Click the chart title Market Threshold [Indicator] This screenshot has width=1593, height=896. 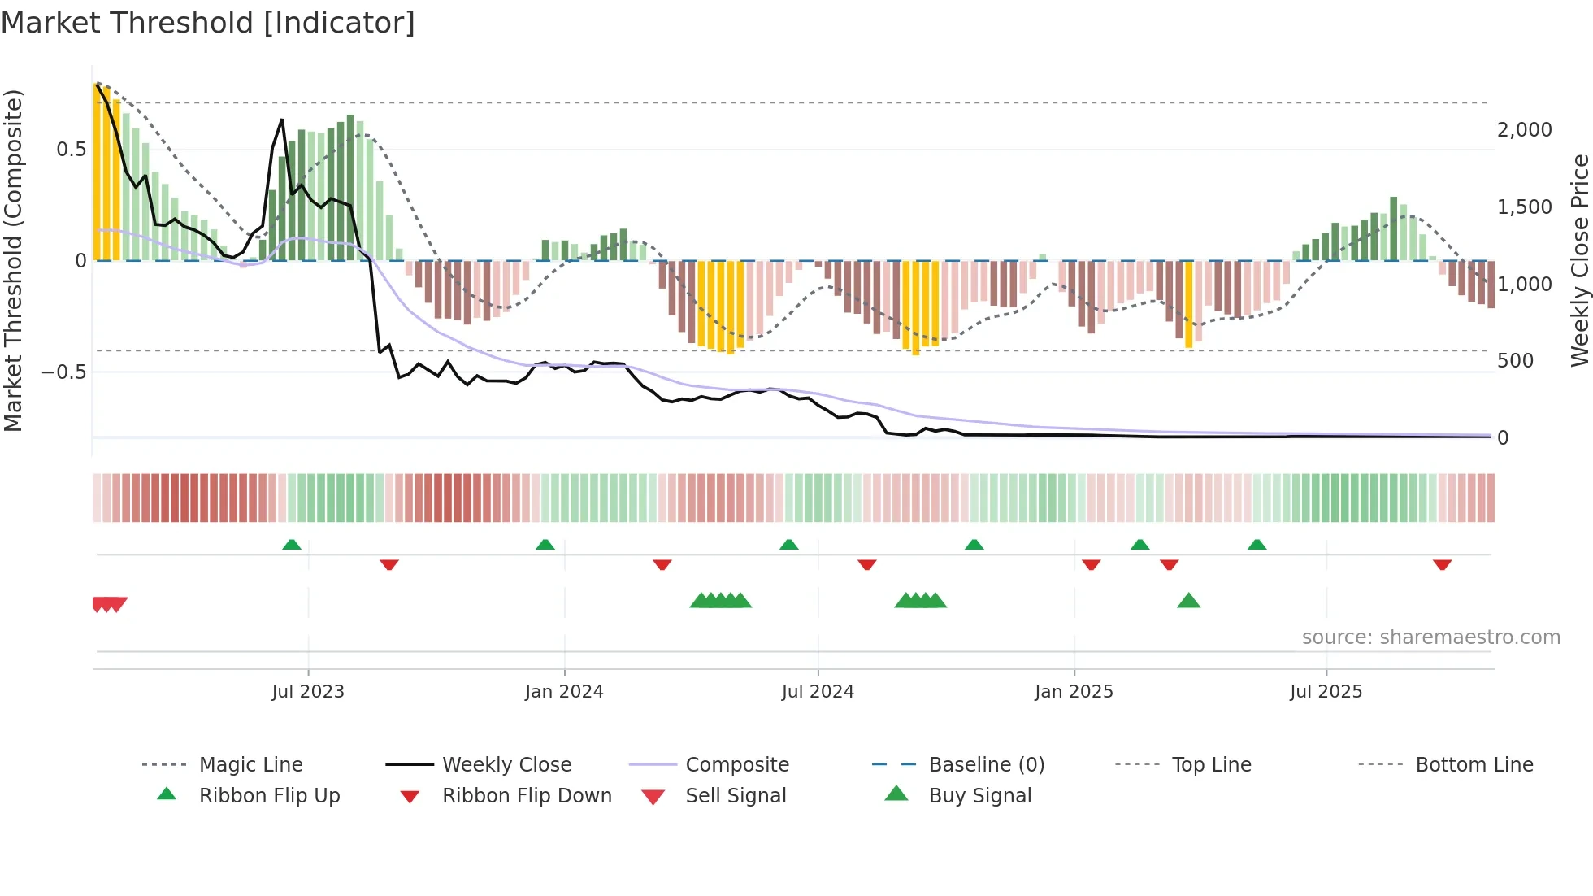(208, 23)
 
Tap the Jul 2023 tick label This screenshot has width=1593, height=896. (308, 692)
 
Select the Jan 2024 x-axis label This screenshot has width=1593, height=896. (564, 692)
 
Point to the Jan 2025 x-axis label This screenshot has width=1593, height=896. (1074, 692)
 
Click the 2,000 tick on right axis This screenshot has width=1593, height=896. (1524, 130)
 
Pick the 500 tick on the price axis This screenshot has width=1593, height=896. (1515, 361)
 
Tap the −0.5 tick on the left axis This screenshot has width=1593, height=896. (63, 372)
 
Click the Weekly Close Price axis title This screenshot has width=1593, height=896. (1579, 260)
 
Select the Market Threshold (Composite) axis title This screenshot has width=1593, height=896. (13, 260)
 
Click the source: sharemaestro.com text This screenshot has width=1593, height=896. (1430, 637)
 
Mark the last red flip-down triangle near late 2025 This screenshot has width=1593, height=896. (1442, 564)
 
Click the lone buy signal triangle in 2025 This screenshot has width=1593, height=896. (1188, 601)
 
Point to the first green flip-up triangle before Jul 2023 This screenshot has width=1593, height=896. (292, 545)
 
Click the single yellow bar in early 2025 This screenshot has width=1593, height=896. (1188, 304)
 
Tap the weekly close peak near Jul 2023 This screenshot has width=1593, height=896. (282, 120)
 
